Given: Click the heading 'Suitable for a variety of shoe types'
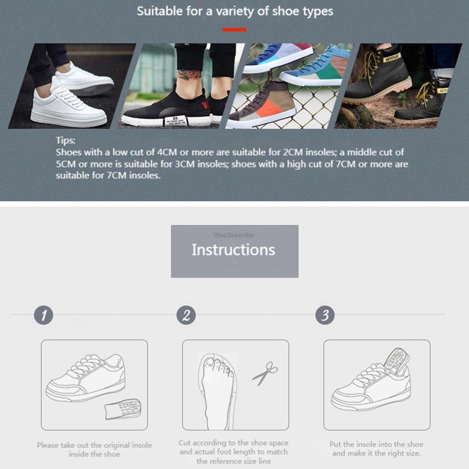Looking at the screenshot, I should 235,11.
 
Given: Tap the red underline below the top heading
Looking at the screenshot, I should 235,29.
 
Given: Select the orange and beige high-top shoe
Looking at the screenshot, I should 264,106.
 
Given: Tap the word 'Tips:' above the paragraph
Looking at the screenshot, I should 66,141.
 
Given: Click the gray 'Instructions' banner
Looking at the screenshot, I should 235,251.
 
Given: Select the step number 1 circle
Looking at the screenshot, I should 43,315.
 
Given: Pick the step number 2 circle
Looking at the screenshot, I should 185,315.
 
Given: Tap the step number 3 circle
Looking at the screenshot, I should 325,315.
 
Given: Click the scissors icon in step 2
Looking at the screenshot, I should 265,373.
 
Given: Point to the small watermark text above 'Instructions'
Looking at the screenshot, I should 235,235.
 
